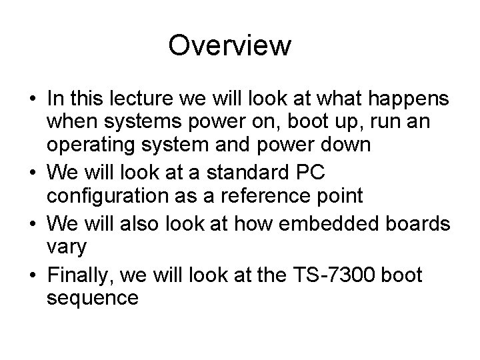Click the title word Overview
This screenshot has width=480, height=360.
point(230,46)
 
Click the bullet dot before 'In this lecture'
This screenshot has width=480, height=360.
point(32,100)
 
